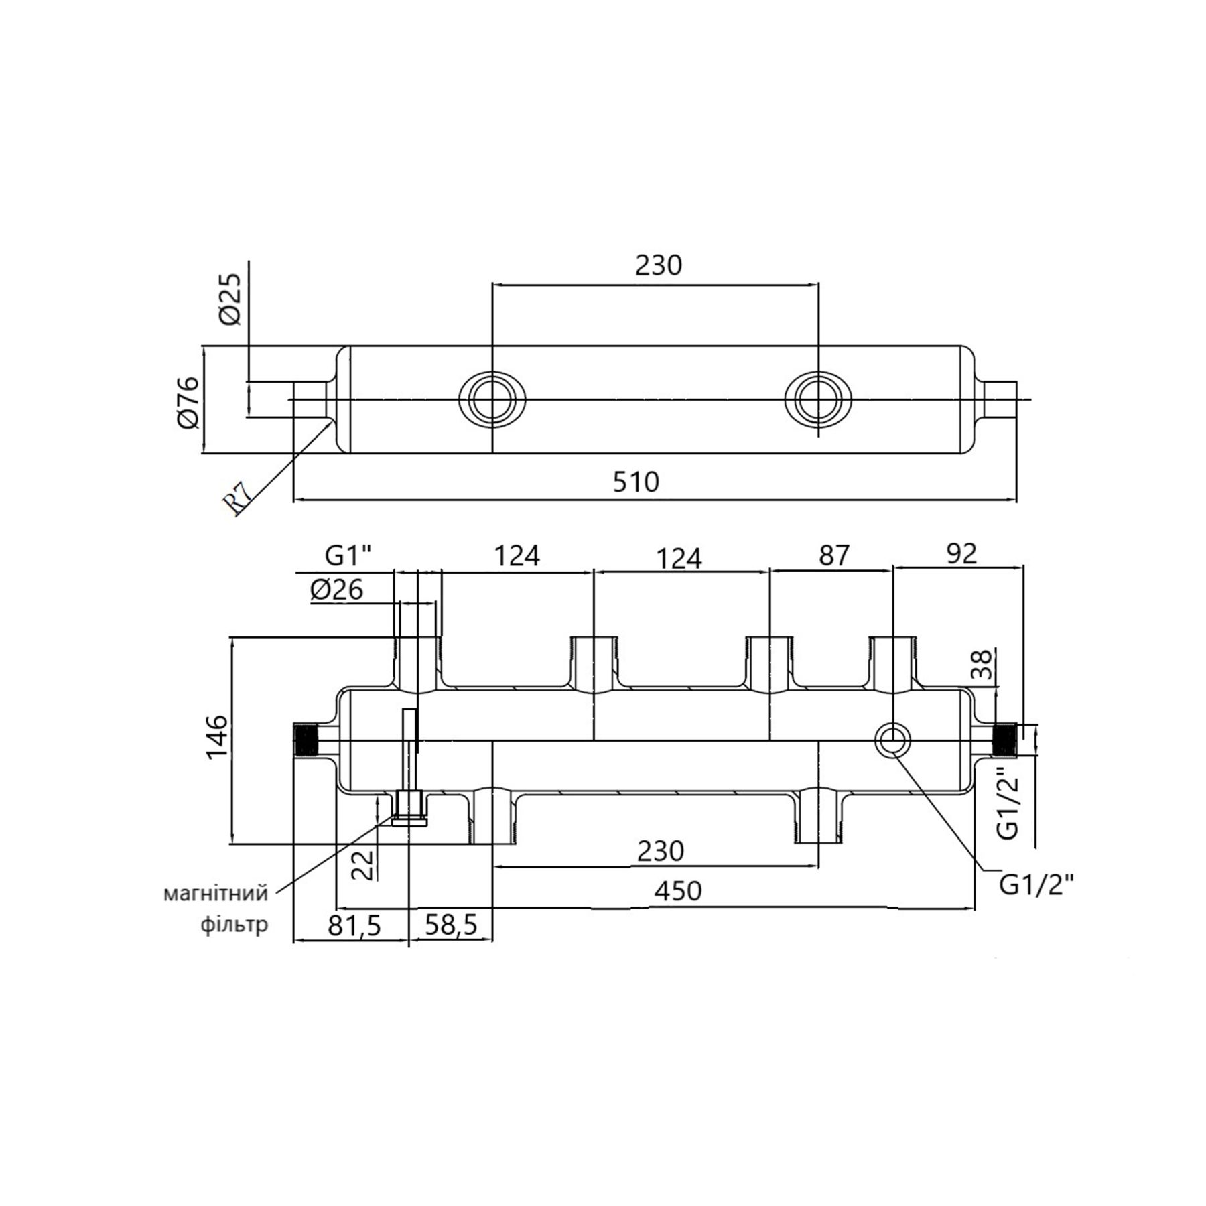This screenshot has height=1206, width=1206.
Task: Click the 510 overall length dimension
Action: [636, 482]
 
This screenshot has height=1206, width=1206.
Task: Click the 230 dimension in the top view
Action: [658, 265]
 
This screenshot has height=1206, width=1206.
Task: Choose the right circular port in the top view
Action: [818, 399]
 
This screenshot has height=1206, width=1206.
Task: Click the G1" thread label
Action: [348, 555]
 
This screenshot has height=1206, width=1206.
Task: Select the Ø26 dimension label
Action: [337, 590]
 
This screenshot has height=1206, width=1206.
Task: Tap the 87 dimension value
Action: [833, 555]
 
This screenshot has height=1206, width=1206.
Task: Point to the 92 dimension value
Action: [961, 554]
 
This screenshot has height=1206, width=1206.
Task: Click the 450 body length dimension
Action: [679, 890]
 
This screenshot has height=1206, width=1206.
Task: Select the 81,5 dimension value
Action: [355, 926]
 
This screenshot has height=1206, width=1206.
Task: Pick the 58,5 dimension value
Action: [450, 926]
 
